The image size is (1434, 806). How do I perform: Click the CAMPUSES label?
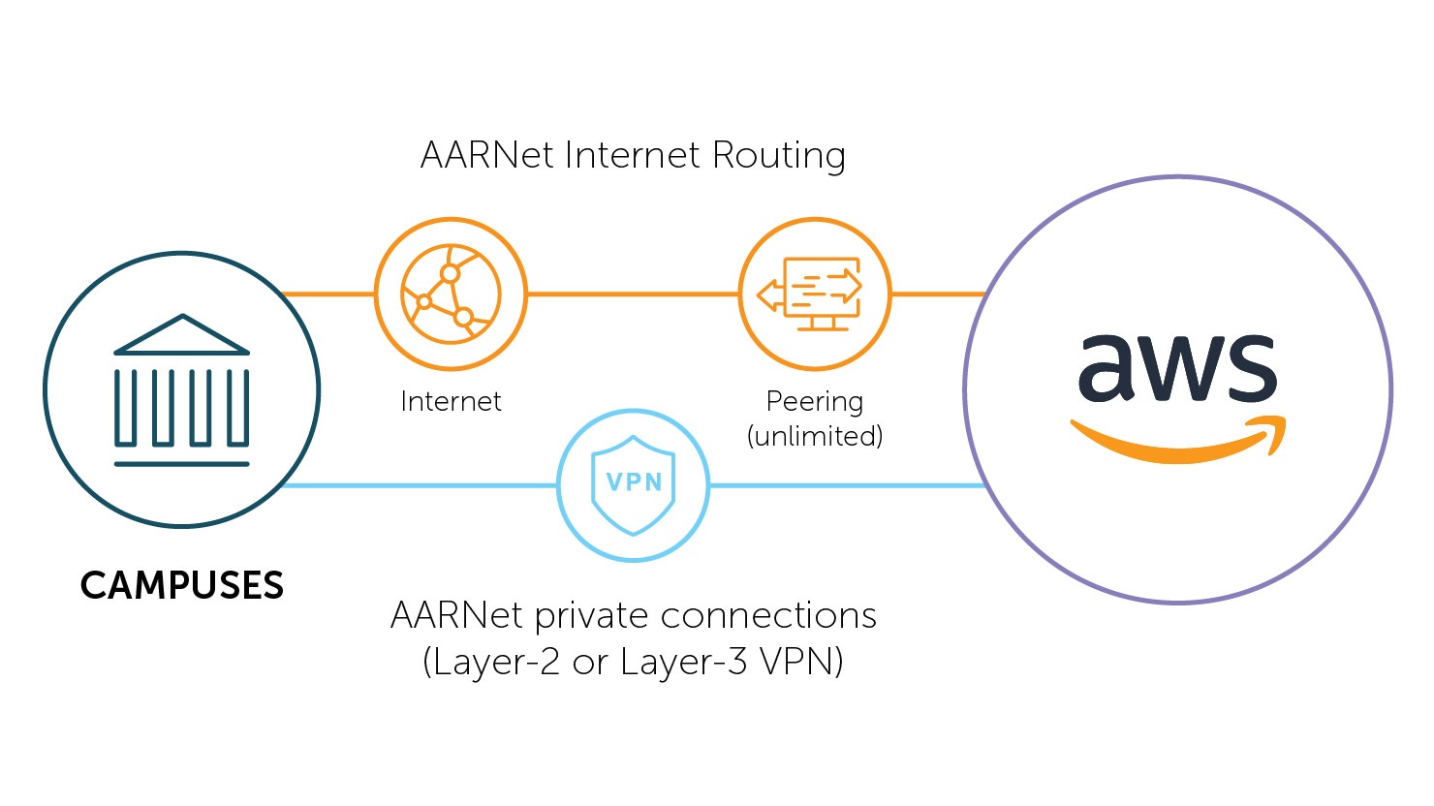(181, 585)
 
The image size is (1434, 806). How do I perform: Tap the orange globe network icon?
(451, 294)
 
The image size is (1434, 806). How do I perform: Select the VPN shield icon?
(634, 484)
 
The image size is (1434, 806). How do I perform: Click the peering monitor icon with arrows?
(815, 294)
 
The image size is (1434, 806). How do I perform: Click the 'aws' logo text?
(1177, 369)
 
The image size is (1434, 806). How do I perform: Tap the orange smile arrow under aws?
(1177, 441)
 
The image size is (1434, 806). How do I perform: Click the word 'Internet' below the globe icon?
(451, 401)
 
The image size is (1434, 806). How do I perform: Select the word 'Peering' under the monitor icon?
(815, 401)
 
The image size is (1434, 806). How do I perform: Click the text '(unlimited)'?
(815, 436)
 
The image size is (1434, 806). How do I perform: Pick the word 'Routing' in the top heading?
(778, 155)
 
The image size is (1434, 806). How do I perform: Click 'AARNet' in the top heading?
(487, 155)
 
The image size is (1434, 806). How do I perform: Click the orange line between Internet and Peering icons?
(633, 294)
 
